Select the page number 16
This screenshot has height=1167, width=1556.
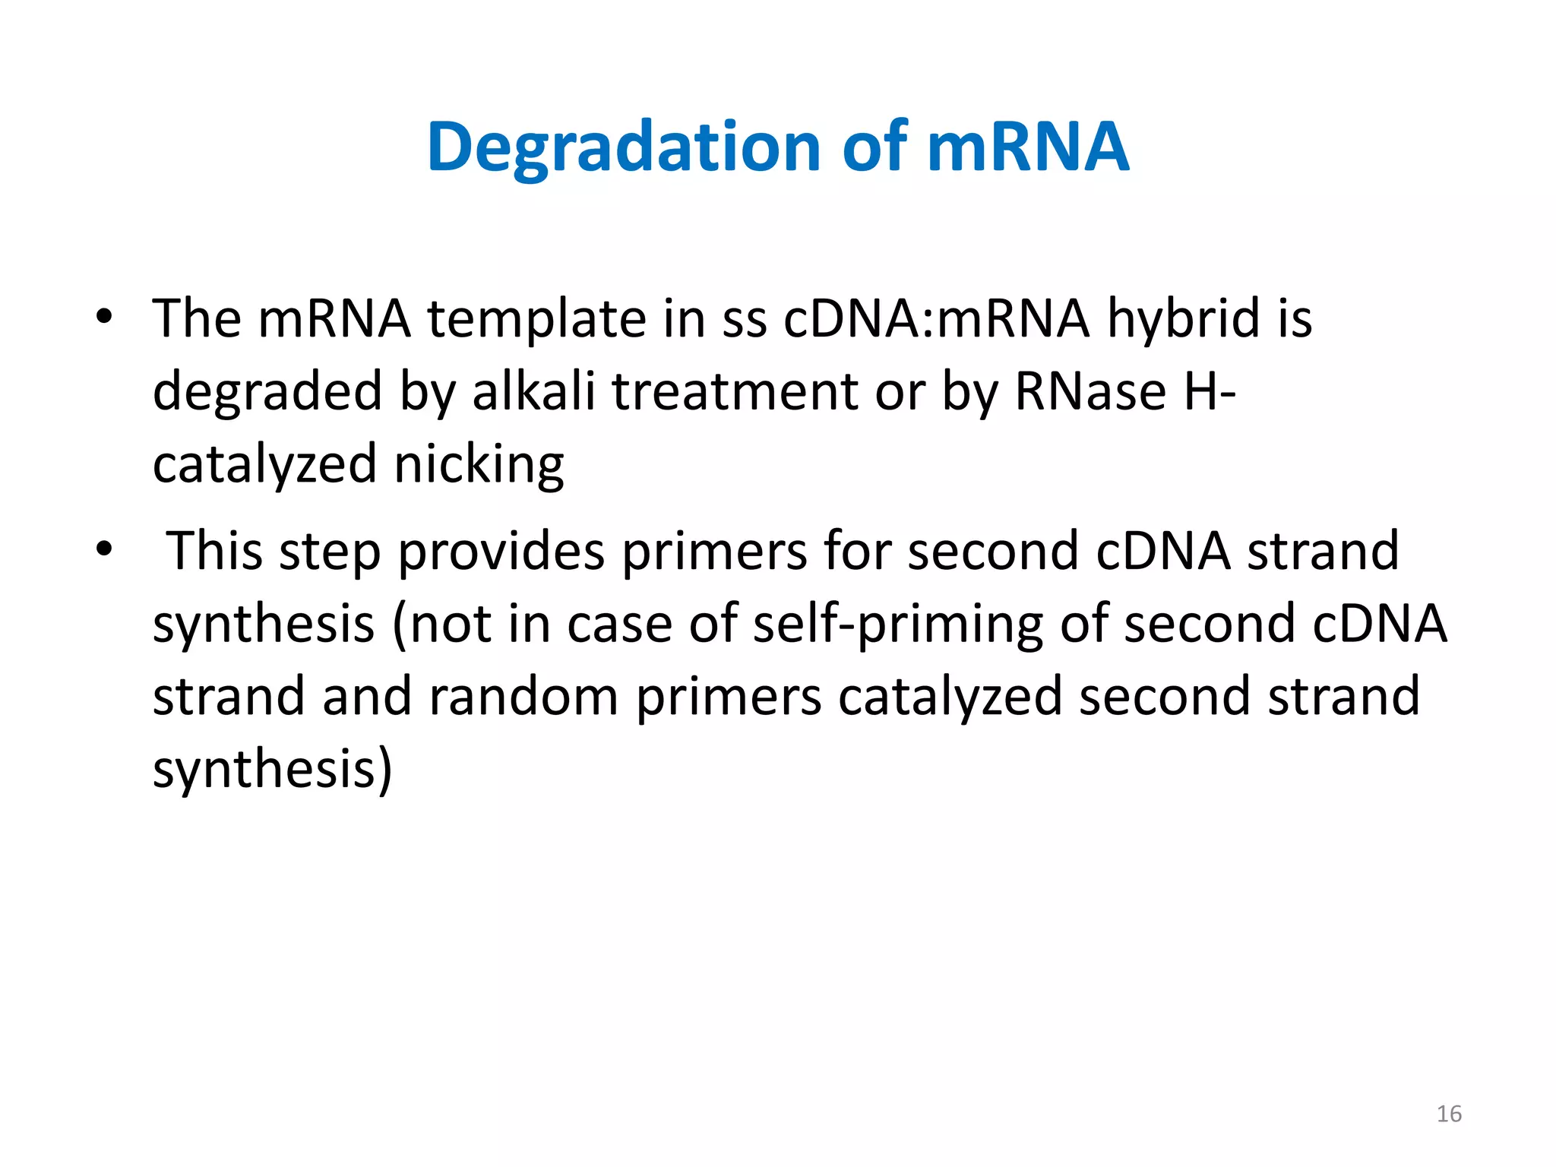(1449, 1114)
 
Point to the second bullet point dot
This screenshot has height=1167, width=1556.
(104, 549)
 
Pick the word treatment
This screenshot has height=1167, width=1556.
(735, 392)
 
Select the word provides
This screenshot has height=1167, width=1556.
(501, 552)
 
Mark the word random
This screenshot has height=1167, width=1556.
(523, 696)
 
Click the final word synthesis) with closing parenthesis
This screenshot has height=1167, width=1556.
(272, 769)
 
